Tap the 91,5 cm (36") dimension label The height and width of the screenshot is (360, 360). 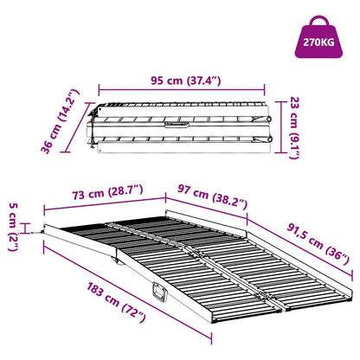click(x=318, y=244)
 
